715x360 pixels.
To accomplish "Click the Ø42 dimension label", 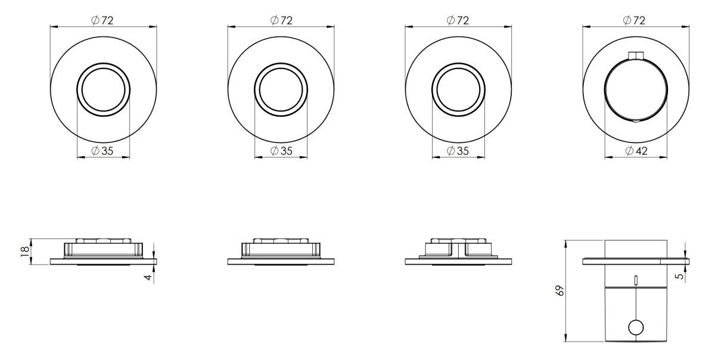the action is (636, 151).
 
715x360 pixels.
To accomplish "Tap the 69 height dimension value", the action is (560, 291).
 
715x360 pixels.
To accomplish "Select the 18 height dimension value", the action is (25, 252).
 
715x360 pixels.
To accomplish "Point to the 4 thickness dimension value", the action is (148, 277).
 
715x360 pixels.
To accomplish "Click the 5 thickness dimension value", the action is (680, 276).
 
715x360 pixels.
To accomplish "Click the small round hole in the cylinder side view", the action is (636, 327).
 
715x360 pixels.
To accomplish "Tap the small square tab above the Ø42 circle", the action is (636, 55).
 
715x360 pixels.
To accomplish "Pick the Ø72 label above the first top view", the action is (102, 20).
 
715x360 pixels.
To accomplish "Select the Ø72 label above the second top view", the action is (281, 20).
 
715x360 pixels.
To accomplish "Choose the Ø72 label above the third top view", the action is (458, 20).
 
